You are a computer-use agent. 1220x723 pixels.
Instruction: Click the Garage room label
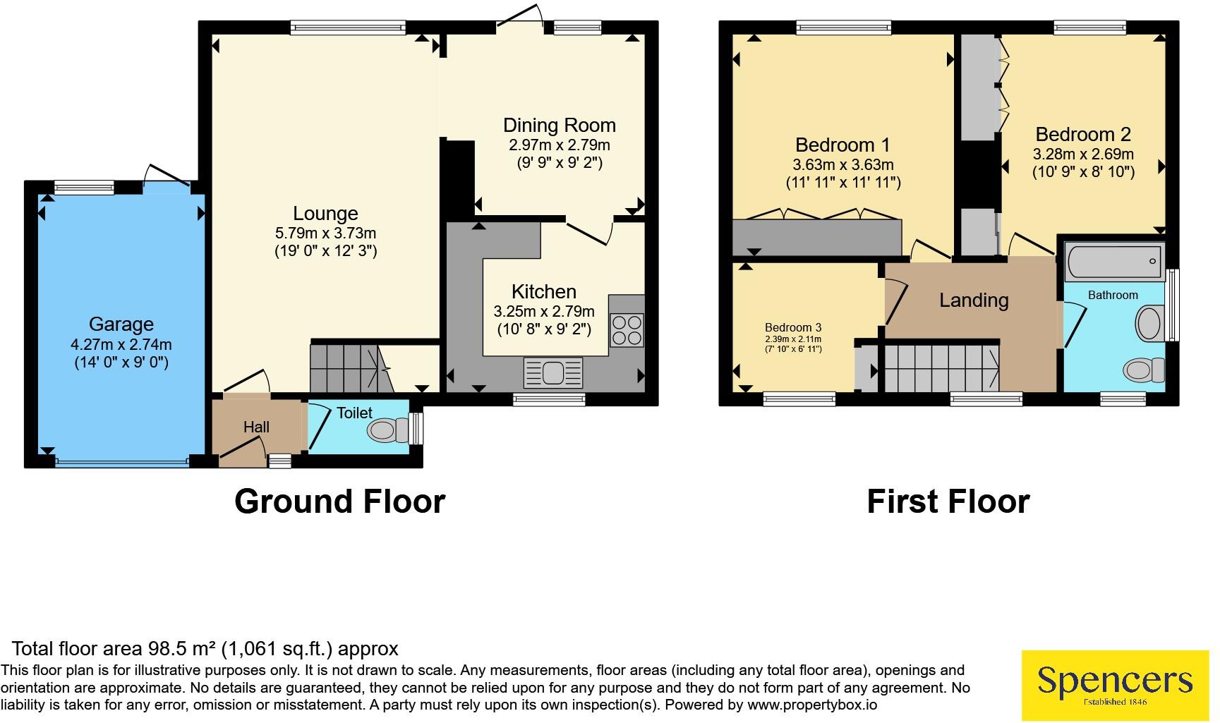pos(121,324)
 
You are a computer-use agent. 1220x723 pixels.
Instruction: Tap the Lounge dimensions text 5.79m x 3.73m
pos(326,233)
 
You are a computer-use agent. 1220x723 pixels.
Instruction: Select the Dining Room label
pos(560,126)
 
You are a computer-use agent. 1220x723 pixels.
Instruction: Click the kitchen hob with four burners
pos(627,330)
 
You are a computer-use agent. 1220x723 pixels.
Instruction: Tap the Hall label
pos(256,427)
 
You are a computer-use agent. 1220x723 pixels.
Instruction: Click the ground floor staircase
pos(351,367)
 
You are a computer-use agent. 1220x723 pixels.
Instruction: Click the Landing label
pos(974,300)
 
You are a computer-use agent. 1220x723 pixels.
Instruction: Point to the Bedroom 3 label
pos(793,327)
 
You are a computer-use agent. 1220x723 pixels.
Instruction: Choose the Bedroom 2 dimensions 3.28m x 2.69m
pos(1084,154)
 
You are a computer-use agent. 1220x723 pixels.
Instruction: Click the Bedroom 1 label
pos(842,145)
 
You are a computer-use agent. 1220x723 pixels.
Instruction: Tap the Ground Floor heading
pos(340,502)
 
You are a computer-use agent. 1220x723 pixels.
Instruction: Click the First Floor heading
pos(948,502)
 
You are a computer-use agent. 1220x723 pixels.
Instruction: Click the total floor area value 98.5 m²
pos(183,648)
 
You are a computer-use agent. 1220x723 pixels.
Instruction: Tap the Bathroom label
pos(1113,295)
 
